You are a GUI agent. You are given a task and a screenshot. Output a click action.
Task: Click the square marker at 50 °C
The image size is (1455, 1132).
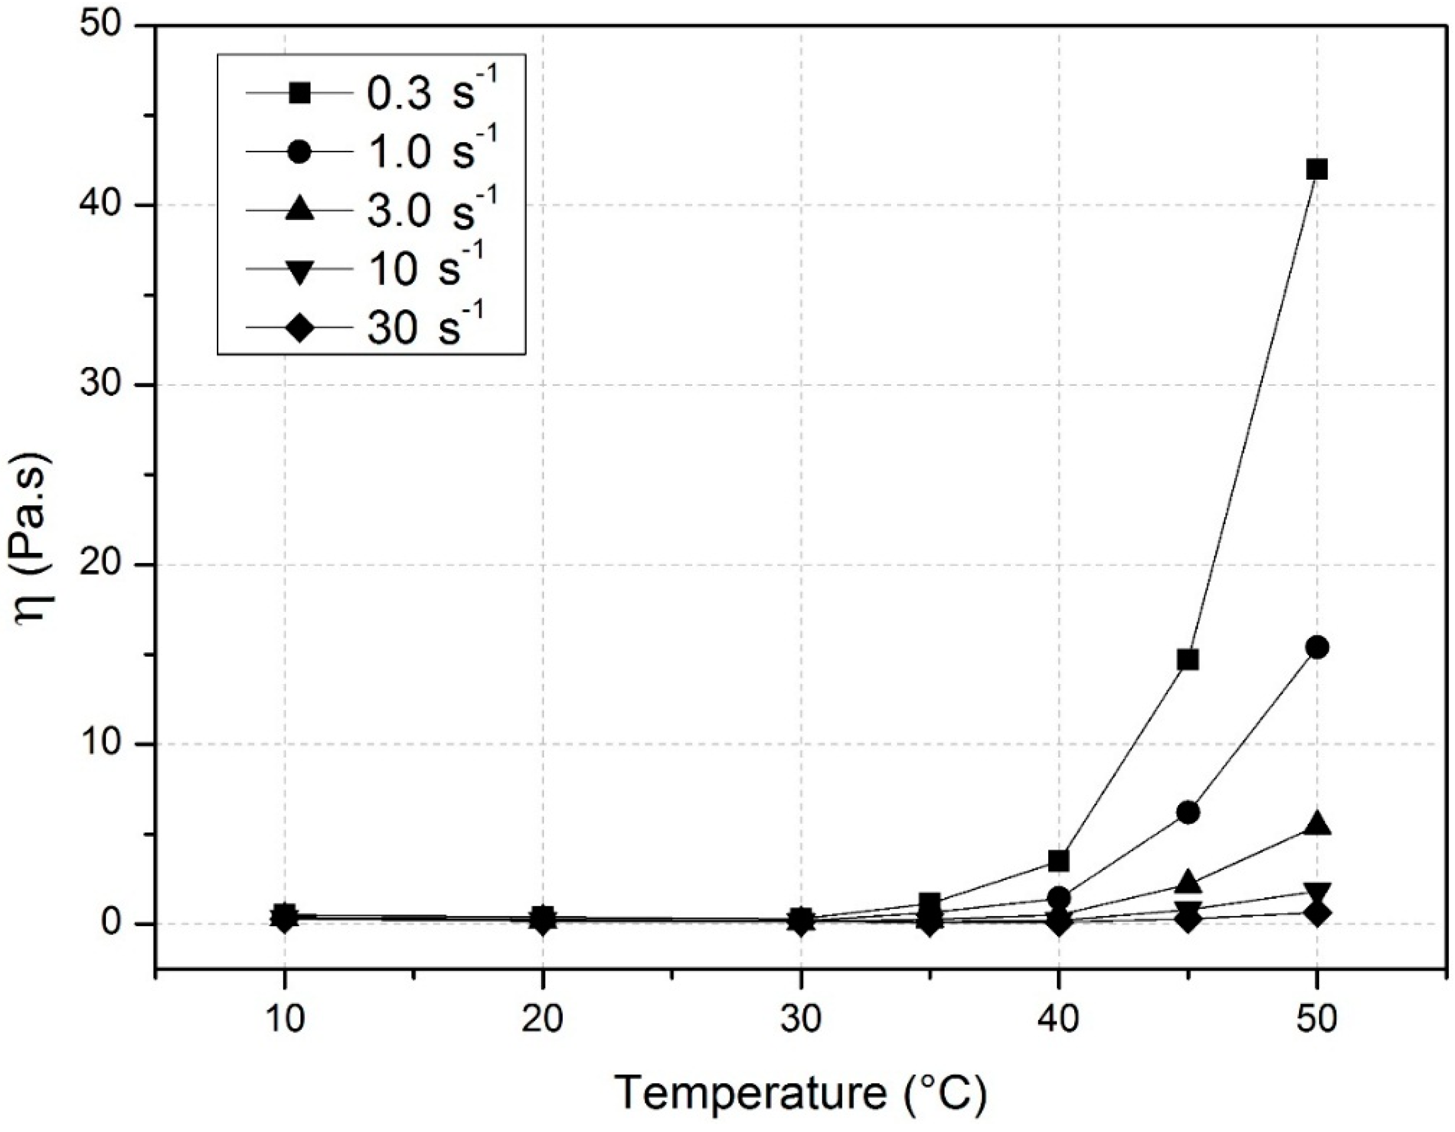pos(1316,170)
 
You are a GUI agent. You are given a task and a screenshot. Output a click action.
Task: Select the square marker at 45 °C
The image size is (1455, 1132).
pos(1188,660)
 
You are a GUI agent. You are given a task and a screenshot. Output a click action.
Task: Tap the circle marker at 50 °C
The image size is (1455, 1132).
pos(1317,647)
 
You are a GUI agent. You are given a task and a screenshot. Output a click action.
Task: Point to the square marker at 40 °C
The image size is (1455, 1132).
pos(1059,861)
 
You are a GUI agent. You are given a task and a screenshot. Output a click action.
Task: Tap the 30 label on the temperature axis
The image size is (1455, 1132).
pos(801,1019)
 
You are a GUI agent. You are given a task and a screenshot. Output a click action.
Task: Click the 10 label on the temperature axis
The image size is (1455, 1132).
pos(285,1019)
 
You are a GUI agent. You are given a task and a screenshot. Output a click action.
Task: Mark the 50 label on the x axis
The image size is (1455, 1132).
pos(1317,1019)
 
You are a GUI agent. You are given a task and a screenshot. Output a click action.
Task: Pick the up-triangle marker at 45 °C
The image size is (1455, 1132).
pos(1188,883)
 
